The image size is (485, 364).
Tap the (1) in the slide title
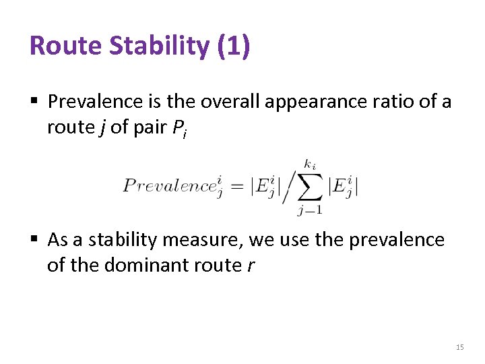coord(234,46)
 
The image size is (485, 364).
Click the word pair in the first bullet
coord(148,127)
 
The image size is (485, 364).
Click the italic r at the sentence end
coord(251,266)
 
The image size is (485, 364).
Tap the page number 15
coord(460,347)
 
